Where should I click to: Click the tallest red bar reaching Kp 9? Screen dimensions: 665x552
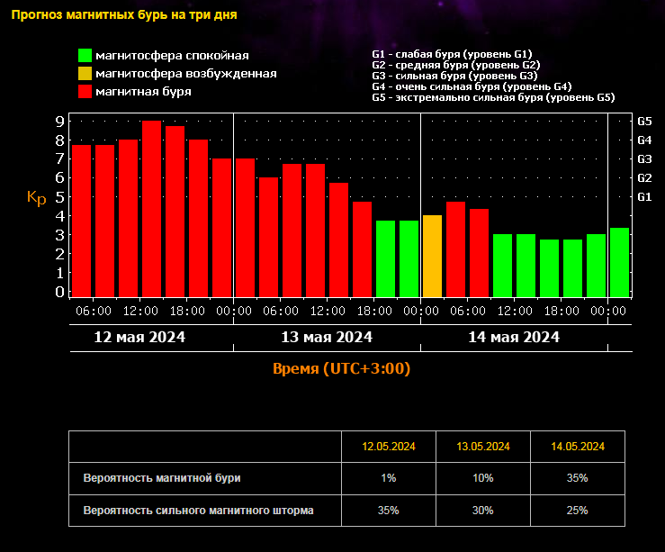[152, 209]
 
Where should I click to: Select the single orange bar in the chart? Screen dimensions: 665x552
[432, 257]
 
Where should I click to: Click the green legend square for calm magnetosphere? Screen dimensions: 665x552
[85, 55]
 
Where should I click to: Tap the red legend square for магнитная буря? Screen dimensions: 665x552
[85, 92]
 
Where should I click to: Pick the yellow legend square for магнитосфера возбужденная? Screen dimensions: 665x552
[85, 74]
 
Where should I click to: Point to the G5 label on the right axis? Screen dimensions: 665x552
[644, 122]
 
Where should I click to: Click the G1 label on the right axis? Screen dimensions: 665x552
[644, 197]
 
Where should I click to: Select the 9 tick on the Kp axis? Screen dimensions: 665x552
[59, 122]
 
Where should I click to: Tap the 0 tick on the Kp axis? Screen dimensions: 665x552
[59, 292]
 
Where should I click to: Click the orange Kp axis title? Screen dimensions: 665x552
[37, 197]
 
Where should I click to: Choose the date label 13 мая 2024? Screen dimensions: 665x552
[327, 337]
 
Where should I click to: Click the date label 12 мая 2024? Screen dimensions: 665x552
[139, 337]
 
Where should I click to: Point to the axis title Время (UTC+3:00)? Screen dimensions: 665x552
[341, 368]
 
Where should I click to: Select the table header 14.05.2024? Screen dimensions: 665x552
[578, 447]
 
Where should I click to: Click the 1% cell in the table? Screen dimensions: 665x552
[389, 478]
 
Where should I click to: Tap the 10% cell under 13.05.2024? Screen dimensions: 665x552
[483, 478]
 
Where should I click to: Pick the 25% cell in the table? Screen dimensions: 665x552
[577, 511]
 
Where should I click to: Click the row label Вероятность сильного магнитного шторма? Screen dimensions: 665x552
[199, 511]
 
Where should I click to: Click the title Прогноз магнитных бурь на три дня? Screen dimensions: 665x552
[124, 14]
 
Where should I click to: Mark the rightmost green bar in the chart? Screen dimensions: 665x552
[619, 263]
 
